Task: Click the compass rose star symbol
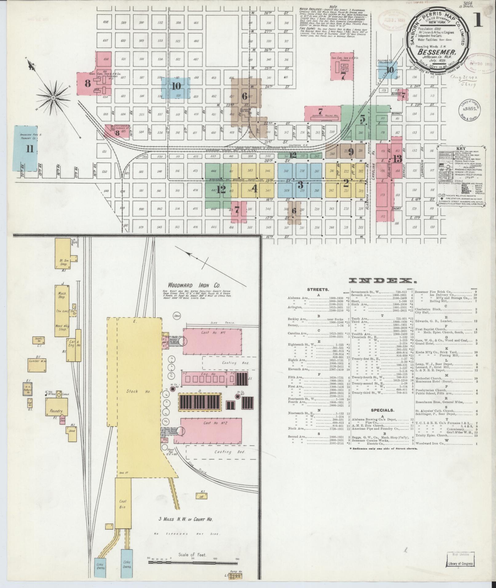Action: [x=53, y=98]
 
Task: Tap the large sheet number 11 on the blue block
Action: [x=30, y=149]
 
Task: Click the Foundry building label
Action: [x=56, y=411]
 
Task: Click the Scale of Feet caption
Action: [x=192, y=555]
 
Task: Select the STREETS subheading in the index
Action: [x=318, y=289]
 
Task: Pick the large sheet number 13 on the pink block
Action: [x=397, y=159]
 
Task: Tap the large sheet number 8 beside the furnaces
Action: [x=88, y=83]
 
